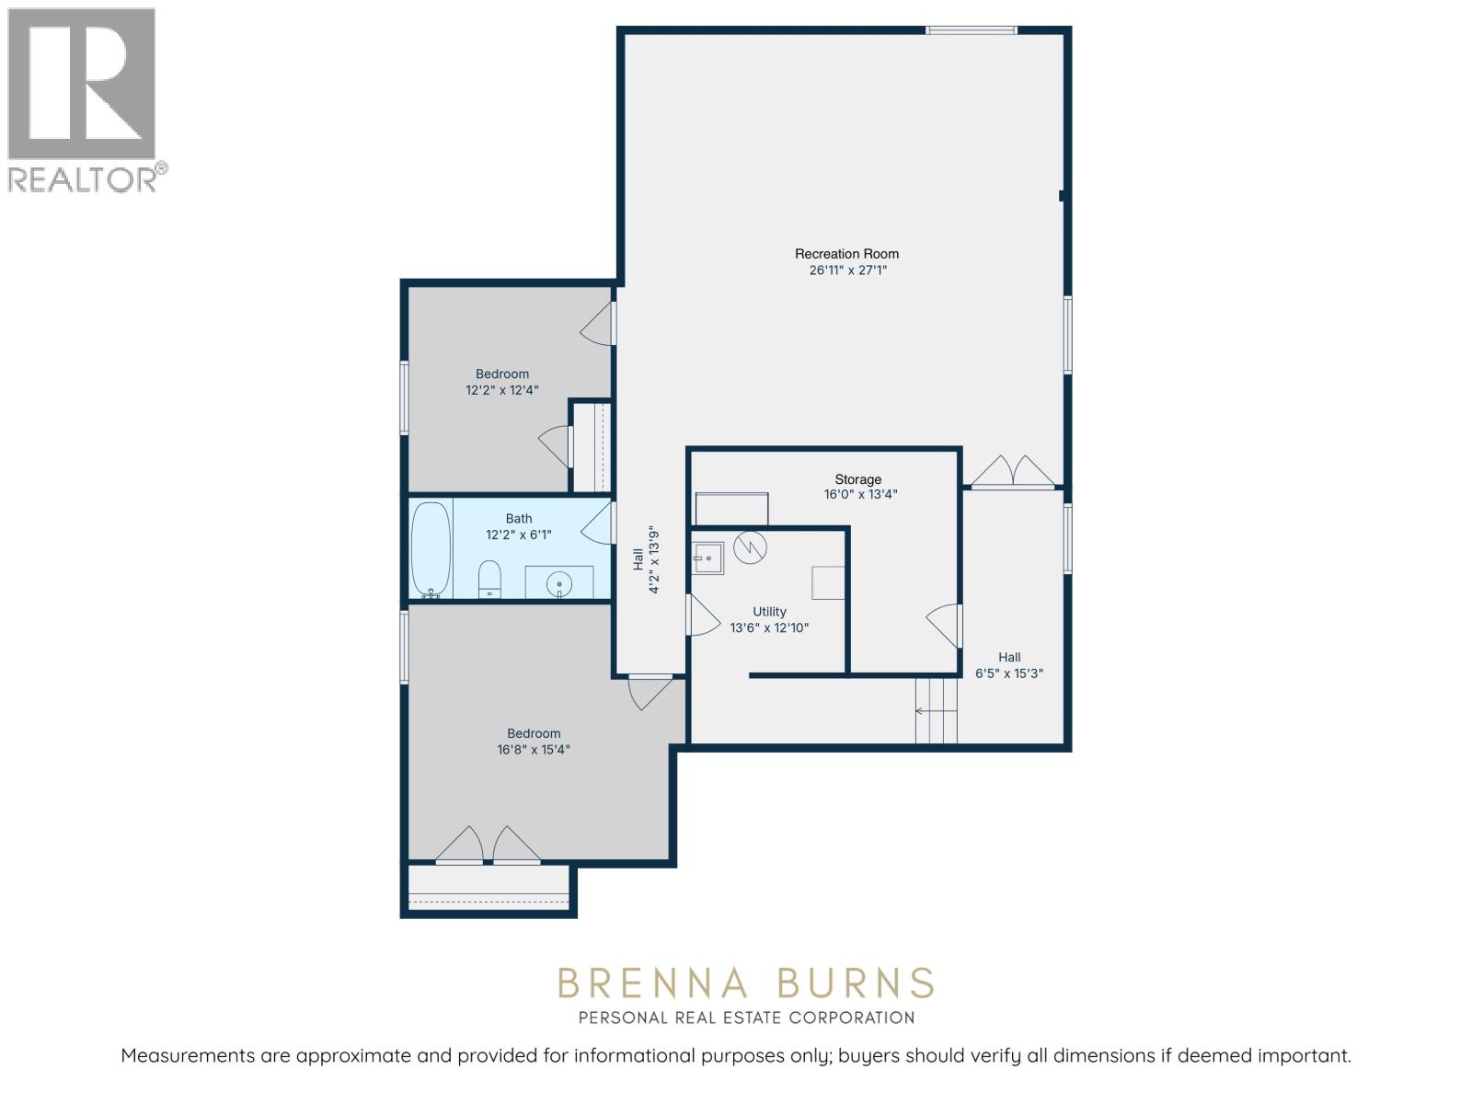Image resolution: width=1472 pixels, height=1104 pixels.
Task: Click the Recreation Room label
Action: point(846,254)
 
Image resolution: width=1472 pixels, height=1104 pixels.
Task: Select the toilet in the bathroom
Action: point(490,579)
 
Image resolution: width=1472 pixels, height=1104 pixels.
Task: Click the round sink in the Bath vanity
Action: point(558,584)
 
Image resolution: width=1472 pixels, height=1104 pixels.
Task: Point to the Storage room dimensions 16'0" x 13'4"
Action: point(860,495)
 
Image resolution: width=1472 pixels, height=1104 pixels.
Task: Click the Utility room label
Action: point(769,612)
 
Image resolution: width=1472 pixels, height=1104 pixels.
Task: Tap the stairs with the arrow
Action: point(937,710)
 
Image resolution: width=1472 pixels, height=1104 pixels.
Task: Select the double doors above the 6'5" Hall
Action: point(1013,471)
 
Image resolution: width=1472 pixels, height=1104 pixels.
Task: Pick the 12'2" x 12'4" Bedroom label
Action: point(502,382)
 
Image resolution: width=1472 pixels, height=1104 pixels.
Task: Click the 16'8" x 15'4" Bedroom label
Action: point(534,742)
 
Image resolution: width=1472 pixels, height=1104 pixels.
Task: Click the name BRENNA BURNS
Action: point(745,983)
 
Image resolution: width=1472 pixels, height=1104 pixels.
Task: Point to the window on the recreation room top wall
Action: point(972,30)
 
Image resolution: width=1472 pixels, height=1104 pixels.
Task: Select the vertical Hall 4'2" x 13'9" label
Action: point(647,559)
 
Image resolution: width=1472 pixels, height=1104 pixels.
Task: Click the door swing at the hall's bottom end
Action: point(649,692)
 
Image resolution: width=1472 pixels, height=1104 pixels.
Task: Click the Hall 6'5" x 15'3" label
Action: point(1009,665)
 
